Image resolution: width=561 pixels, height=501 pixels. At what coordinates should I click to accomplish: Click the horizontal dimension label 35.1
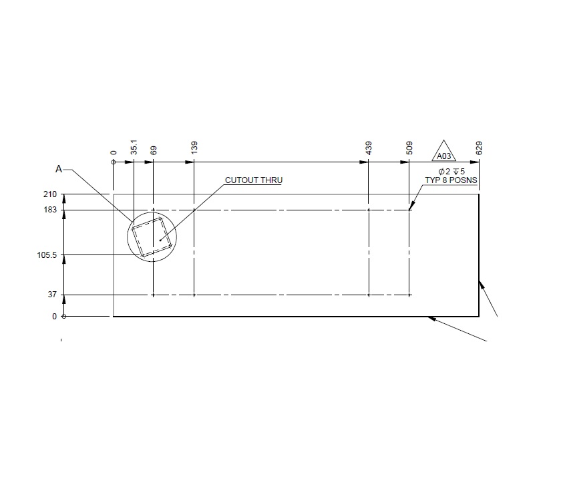tap(134, 148)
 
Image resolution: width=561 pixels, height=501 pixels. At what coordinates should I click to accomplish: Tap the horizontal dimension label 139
tap(194, 148)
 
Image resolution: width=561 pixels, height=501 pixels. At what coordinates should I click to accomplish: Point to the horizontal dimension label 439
tap(369, 148)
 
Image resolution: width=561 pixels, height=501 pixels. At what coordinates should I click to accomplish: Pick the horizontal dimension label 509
tap(409, 148)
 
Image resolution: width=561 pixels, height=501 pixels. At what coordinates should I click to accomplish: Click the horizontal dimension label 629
tap(479, 148)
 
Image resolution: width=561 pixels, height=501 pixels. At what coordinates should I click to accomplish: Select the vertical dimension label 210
tap(49, 194)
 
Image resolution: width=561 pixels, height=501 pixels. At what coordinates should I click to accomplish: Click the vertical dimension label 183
tap(49, 210)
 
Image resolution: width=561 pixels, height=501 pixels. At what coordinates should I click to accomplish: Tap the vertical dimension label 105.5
tap(47, 255)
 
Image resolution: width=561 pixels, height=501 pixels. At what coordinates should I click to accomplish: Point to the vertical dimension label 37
tap(51, 295)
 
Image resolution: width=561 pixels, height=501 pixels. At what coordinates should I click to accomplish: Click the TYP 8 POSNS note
tap(451, 180)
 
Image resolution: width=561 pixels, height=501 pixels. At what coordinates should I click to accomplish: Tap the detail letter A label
tap(59, 170)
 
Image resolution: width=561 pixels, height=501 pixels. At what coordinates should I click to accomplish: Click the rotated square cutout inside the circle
tap(152, 239)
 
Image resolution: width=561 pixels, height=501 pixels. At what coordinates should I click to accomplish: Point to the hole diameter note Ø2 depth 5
tap(451, 172)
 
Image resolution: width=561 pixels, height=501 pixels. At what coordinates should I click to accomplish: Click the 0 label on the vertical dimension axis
tap(54, 317)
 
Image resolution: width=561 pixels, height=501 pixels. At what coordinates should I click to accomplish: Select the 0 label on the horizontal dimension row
tap(114, 153)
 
